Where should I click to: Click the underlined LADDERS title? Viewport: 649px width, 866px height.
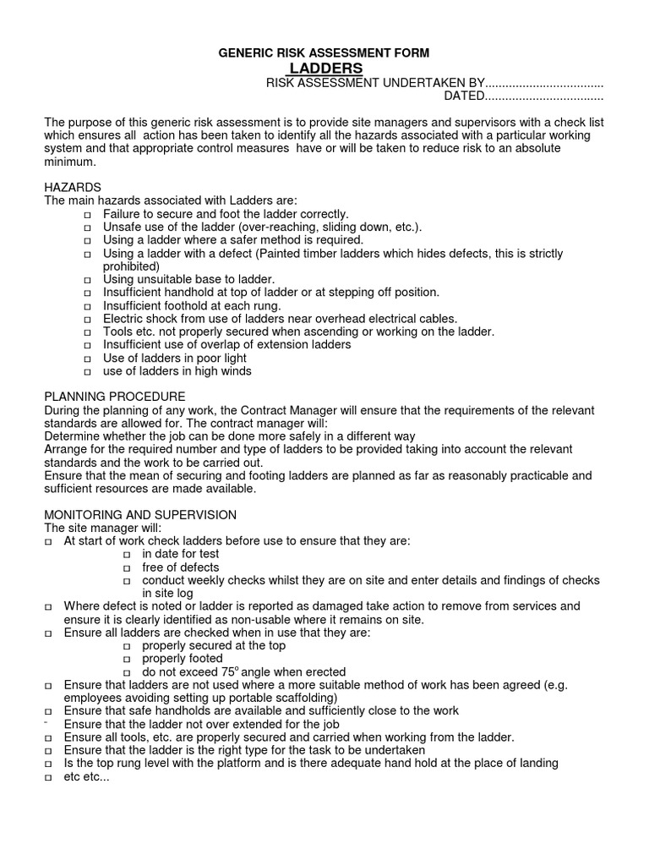point(326,68)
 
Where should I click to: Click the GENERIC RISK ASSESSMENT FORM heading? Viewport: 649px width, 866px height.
point(324,52)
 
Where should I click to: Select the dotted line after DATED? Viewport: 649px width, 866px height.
point(545,96)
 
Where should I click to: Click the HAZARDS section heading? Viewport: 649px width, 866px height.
point(73,187)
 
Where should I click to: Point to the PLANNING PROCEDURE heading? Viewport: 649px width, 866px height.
point(114,397)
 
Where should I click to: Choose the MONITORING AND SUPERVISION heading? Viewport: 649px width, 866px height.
point(140,515)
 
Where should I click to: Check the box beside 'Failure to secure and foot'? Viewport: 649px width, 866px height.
point(87,216)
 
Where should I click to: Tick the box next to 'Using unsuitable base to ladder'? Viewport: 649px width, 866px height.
point(87,280)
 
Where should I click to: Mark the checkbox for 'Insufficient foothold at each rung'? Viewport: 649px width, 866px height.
point(87,306)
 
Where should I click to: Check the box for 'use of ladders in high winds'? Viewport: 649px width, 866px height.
point(87,371)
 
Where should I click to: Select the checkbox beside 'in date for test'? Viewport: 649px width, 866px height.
point(127,555)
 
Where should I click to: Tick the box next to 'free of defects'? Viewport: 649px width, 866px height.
point(127,568)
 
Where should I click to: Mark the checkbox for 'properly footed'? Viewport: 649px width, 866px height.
point(127,659)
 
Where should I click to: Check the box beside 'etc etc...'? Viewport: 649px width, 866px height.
point(48,777)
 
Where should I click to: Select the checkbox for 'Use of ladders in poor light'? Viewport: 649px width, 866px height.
point(87,359)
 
